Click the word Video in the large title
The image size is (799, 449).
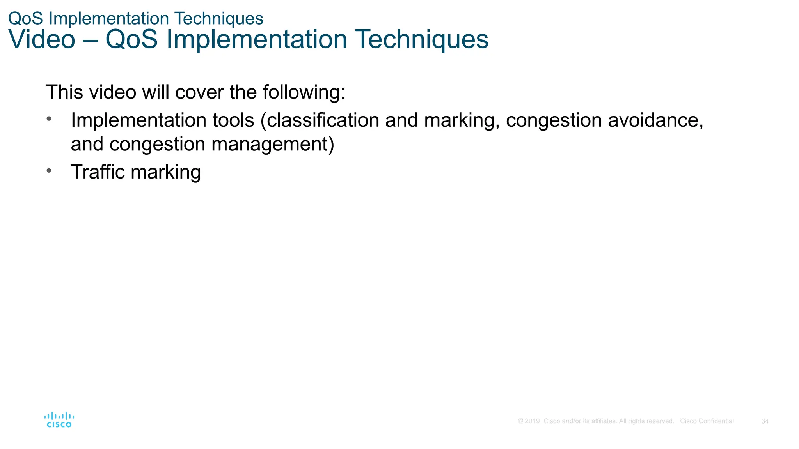(41, 39)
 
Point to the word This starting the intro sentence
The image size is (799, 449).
(64, 92)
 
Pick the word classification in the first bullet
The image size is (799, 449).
(323, 120)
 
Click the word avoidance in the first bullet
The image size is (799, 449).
(655, 120)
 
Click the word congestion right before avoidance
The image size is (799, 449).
(554, 120)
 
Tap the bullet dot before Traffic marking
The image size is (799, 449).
(49, 170)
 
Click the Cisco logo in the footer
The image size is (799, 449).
(59, 420)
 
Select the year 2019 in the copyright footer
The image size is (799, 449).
(532, 421)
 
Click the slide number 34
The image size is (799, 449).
(765, 421)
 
